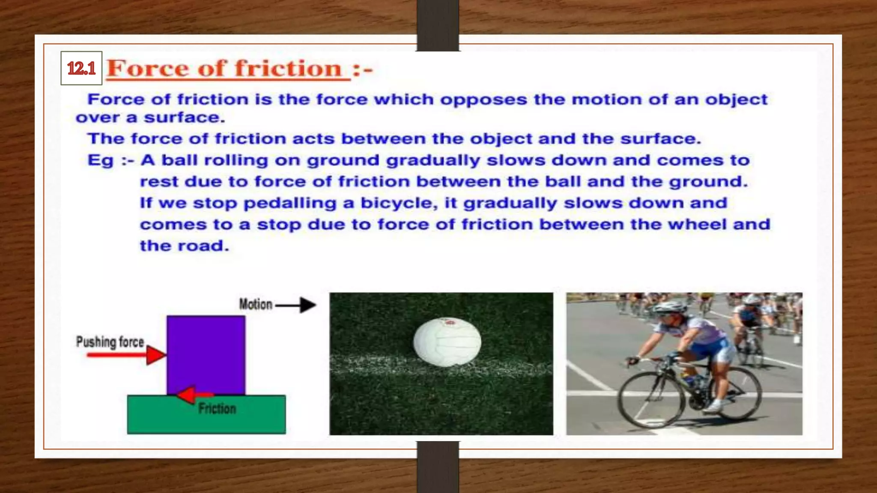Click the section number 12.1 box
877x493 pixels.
(81, 68)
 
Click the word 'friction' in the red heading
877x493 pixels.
(288, 68)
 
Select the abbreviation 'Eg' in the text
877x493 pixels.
(101, 160)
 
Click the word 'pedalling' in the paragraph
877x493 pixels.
(290, 203)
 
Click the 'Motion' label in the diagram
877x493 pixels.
(256, 304)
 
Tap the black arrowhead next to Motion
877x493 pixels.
(308, 305)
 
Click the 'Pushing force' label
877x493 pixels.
(110, 342)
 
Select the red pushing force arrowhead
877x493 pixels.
(155, 355)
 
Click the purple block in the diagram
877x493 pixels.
(206, 354)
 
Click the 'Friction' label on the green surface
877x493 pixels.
(217, 409)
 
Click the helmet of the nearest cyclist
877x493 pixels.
(671, 307)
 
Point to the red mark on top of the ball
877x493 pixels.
(448, 321)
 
